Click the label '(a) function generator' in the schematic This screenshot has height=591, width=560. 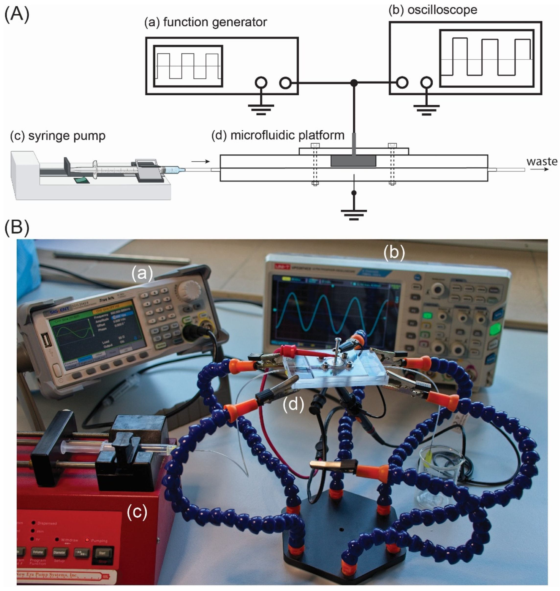click(x=205, y=22)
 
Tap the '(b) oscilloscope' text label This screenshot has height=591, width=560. click(x=432, y=10)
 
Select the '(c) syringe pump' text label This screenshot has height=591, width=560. click(x=58, y=136)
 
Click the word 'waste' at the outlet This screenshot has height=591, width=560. click(x=541, y=161)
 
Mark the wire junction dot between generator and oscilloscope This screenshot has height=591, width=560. click(x=354, y=83)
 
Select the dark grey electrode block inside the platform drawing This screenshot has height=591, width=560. click(x=353, y=161)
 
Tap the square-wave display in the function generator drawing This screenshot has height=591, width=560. click(x=188, y=66)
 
